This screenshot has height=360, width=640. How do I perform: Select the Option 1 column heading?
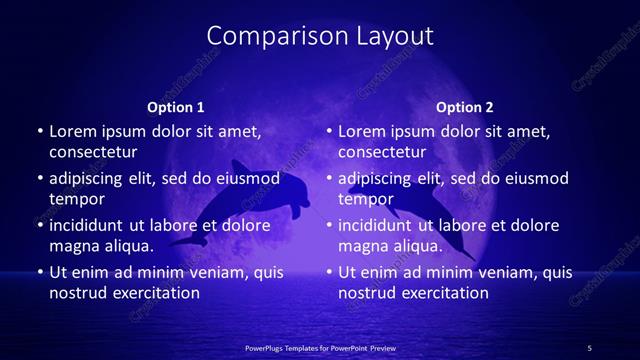(175, 107)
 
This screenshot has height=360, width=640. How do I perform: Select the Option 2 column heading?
(465, 107)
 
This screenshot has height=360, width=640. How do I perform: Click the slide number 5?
(589, 347)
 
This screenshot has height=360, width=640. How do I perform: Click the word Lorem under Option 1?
(72, 131)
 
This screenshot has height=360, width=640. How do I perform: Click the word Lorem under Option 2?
(361, 131)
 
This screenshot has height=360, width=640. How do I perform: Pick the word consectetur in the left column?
(93, 152)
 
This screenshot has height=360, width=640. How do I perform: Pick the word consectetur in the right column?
(382, 152)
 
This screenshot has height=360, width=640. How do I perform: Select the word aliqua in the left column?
(128, 245)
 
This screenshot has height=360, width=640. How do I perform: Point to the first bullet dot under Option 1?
(40, 131)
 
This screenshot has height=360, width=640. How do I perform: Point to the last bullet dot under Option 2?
(329, 272)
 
